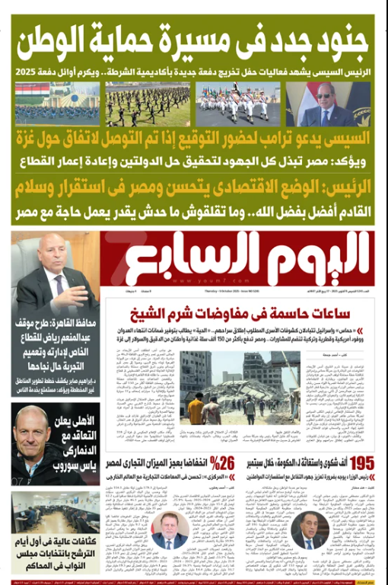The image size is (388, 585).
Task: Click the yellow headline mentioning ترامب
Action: point(193,140)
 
